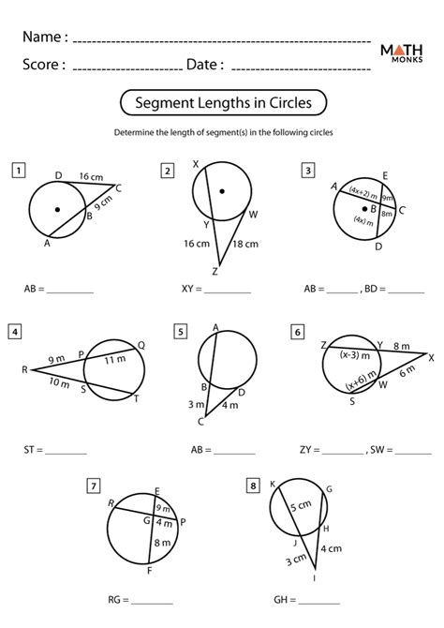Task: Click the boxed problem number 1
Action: [x=18, y=170]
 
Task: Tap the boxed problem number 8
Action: [x=253, y=486]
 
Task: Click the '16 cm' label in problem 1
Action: [x=91, y=176]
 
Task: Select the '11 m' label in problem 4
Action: [x=114, y=360]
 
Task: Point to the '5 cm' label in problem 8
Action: [x=299, y=507]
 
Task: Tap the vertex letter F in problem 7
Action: [x=150, y=569]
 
